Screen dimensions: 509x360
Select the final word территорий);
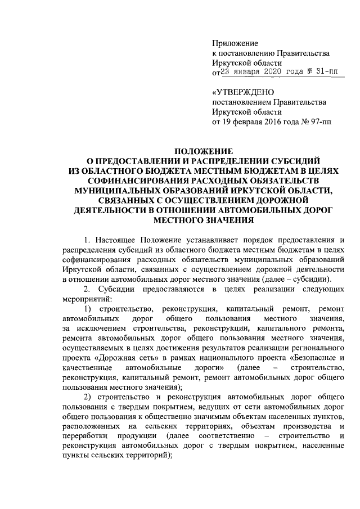click(149, 456)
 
